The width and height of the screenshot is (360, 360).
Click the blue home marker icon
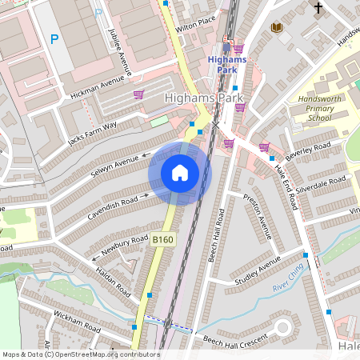[180, 172]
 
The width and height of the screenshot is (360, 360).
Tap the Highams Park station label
[226, 63]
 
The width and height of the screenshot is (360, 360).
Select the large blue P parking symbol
[55, 38]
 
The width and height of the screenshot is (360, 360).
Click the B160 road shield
[163, 239]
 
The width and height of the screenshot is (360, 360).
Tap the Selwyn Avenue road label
[114, 164]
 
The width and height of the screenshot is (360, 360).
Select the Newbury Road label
[126, 243]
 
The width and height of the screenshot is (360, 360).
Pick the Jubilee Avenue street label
[118, 50]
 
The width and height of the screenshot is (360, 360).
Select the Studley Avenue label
[258, 272]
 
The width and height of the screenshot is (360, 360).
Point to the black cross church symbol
[318, 8]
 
